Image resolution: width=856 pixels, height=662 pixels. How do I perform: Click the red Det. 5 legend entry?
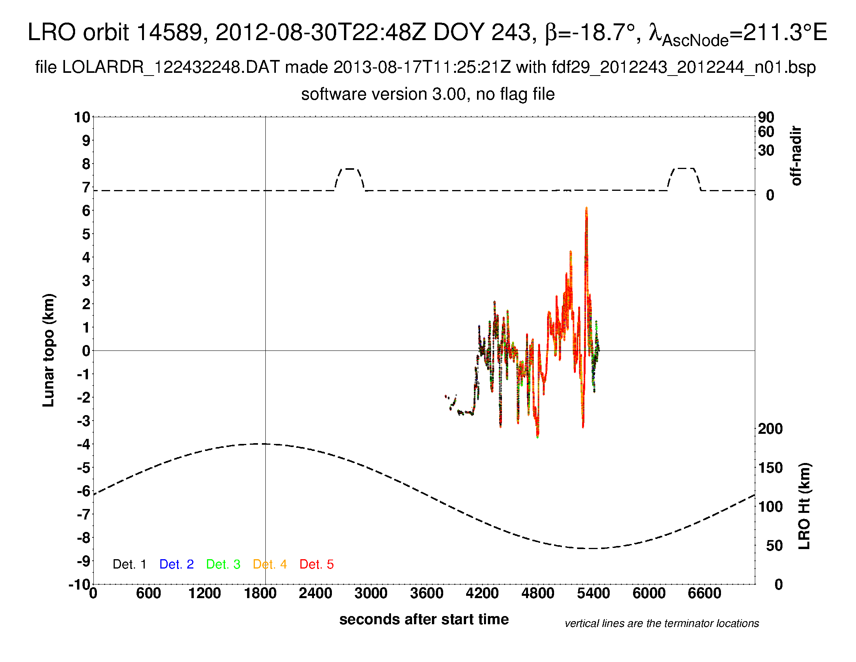(x=316, y=564)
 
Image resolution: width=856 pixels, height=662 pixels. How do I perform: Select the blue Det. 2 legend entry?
(x=176, y=564)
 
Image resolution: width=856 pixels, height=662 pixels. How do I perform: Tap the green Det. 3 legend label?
(x=223, y=564)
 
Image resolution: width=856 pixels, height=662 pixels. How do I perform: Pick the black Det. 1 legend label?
(x=129, y=564)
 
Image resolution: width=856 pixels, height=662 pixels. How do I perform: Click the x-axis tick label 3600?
(x=426, y=593)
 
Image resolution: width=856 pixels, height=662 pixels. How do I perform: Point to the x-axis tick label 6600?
(x=704, y=593)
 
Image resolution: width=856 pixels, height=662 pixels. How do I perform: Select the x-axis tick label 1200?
(x=204, y=593)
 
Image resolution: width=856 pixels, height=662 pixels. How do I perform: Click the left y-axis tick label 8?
(x=86, y=164)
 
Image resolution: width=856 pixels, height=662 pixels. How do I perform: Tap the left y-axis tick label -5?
(x=84, y=468)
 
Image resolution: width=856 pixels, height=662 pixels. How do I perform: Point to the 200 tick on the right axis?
(x=770, y=429)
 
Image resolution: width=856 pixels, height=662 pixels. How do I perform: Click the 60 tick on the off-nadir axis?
(x=766, y=132)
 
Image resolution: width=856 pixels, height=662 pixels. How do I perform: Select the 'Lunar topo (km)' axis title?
(x=49, y=350)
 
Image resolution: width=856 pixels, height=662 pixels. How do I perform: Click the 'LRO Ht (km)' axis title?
(x=804, y=506)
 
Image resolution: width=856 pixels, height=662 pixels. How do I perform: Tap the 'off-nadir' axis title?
(x=796, y=156)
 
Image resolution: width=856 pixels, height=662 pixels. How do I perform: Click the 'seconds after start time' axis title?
(x=424, y=619)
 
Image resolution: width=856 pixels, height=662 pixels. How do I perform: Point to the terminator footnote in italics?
(x=661, y=623)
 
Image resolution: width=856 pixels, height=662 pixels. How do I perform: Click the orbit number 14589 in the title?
(x=172, y=32)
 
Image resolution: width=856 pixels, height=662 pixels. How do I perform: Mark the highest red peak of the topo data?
(x=586, y=209)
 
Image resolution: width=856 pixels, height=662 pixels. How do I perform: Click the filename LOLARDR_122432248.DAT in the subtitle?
(x=171, y=67)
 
